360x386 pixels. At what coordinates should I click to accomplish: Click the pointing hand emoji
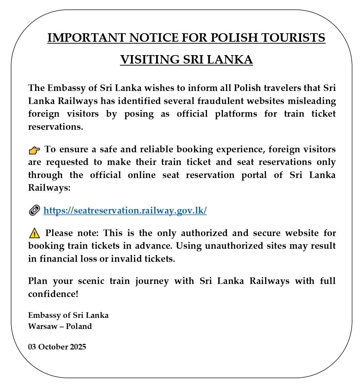tap(34, 150)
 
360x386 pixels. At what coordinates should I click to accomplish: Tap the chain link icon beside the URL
tap(34, 210)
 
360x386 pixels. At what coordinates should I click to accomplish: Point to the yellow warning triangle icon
tap(34, 233)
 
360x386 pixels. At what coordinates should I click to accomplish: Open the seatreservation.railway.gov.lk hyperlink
tap(125, 211)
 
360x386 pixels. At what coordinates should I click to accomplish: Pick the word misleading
tap(311, 101)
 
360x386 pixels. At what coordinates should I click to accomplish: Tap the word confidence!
tap(53, 294)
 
